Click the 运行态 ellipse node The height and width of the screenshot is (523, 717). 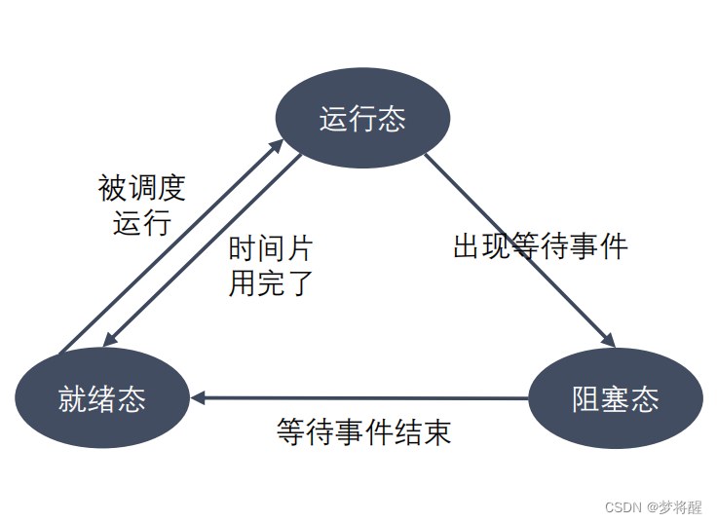point(362,118)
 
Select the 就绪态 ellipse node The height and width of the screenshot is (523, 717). point(102,397)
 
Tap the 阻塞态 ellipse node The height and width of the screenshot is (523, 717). point(615,397)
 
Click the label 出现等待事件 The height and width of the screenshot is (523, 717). point(540,245)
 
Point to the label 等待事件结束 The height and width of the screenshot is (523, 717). point(363,431)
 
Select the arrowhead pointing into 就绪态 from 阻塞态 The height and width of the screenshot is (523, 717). point(198,397)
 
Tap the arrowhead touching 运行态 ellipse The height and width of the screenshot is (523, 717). point(276,145)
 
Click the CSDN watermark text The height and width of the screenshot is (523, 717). point(623,507)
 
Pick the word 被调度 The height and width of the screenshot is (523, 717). point(142,187)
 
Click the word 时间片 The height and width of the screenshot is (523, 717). point(270,248)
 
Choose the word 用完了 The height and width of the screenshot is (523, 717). point(270,282)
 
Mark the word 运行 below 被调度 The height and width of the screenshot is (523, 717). point(142,222)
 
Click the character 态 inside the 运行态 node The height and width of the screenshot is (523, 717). point(392,119)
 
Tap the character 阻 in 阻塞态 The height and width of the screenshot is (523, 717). point(585,398)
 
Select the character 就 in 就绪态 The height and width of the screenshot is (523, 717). point(73,398)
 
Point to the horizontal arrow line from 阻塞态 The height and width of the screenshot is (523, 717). point(370,397)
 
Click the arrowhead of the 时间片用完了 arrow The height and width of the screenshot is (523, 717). point(110,338)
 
